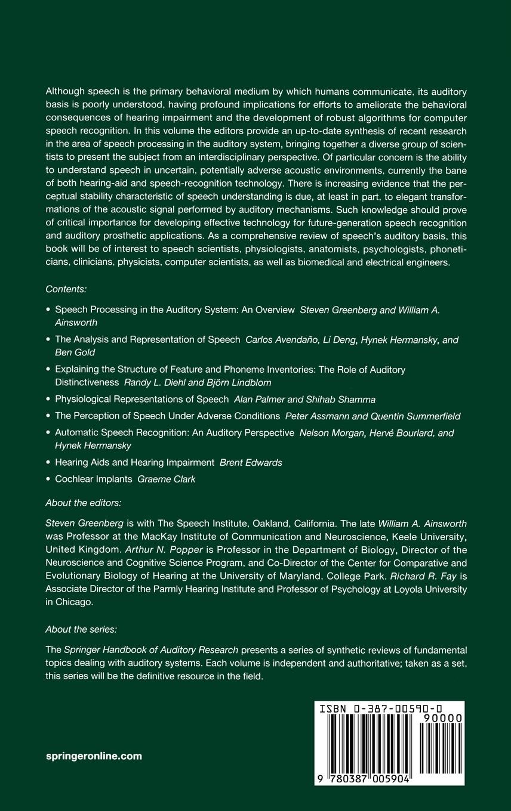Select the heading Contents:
66,289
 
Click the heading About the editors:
83,503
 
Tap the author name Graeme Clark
166,479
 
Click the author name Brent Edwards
251,462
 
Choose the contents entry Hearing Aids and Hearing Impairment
134,462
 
